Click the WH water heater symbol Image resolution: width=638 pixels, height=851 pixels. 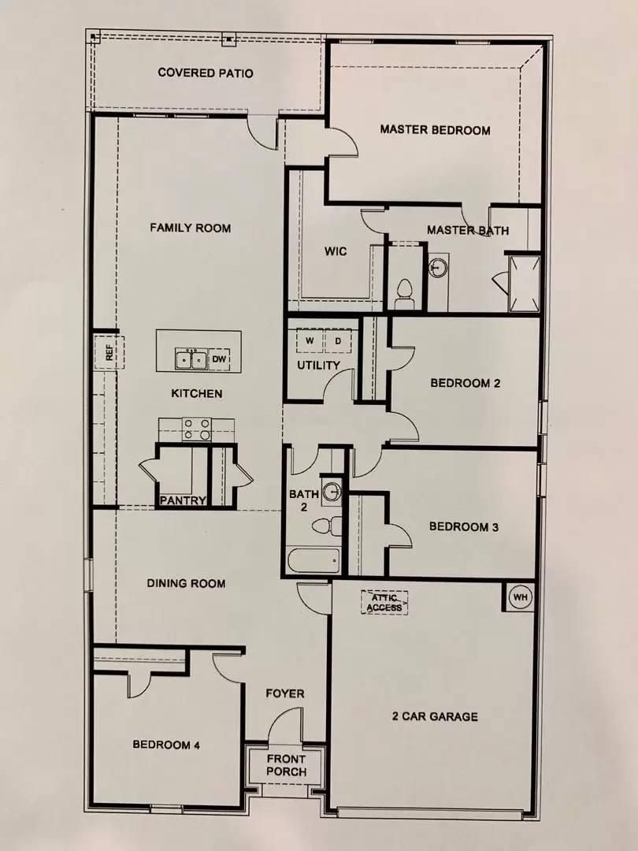point(520,597)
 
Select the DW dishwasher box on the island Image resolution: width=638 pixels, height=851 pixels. point(220,359)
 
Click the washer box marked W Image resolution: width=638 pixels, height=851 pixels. point(309,340)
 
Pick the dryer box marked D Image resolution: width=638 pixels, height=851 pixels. point(338,340)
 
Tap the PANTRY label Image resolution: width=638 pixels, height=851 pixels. point(183,500)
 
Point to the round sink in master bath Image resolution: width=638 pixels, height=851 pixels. point(438,268)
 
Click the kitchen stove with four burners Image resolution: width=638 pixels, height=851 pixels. point(197,428)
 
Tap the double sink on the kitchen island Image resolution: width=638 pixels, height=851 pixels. point(191,359)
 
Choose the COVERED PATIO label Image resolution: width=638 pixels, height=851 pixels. point(206,73)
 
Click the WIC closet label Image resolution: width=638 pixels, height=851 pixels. point(336,252)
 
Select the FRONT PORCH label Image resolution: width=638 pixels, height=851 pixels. point(286,765)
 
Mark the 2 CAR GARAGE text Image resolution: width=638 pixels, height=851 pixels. point(435,716)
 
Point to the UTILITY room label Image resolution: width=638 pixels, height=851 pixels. point(318,366)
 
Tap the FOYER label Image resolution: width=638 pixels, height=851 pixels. point(284,693)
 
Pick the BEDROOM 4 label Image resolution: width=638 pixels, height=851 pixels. point(165,745)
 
